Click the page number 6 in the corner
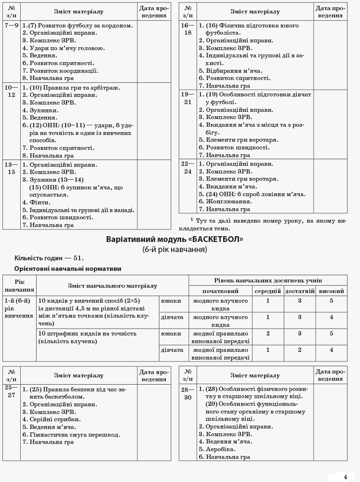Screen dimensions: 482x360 pos(346,477)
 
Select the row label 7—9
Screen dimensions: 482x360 pos(12,26)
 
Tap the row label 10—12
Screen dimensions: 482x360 pos(12,92)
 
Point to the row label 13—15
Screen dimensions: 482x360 pos(12,168)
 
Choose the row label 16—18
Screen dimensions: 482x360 pos(188,29)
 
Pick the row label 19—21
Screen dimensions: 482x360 pos(188,98)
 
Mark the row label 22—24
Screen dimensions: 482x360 pos(188,168)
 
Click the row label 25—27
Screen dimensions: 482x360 pos(12,391)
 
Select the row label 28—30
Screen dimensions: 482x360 pos(188,393)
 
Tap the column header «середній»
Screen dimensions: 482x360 pos(268,291)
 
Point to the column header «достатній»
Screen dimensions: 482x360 pos(300,291)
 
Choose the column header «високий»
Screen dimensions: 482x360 pos(332,291)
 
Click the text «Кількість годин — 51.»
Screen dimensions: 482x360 pos(49,258)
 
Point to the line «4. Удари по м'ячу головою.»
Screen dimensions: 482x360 pos(64,48)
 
